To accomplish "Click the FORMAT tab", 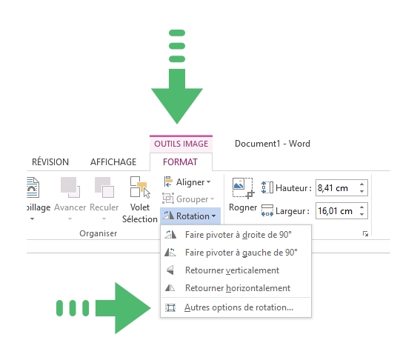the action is [180, 162].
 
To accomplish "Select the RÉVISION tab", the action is [50, 162].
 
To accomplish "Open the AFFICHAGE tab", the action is [113, 162].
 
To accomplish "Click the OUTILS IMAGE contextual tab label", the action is [181, 144].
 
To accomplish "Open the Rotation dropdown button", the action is [190, 216].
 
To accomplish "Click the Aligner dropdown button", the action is [187, 182].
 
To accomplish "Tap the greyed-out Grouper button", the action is [188, 199].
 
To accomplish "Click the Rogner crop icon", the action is [243, 188].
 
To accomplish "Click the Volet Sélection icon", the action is [140, 187].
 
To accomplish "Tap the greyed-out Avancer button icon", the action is [70, 187].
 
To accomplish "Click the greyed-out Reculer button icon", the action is [104, 187].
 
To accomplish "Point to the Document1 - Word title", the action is [273, 144].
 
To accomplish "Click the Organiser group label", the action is [98, 233].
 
